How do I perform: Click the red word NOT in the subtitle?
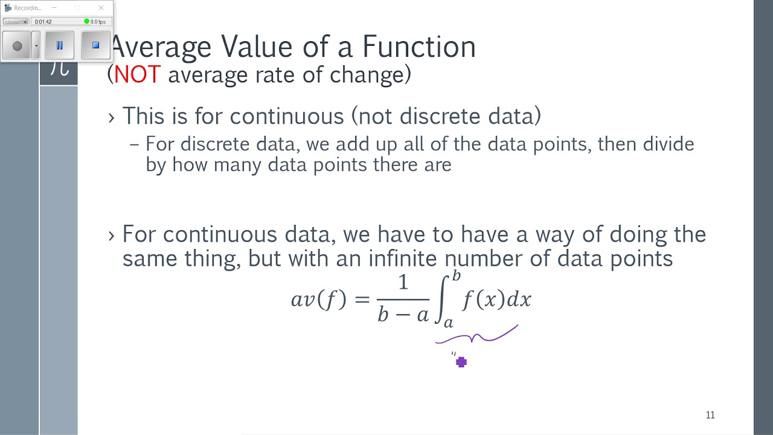point(137,75)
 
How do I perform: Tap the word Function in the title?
point(419,47)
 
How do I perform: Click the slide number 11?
point(710,415)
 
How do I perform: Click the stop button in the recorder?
point(95,45)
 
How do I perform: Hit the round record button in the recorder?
point(17,46)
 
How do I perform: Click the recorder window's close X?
point(101,8)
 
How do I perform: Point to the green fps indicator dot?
point(86,22)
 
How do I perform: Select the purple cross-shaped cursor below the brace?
point(461,362)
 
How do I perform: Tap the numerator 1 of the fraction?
point(403,283)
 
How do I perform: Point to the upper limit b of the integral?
point(457,276)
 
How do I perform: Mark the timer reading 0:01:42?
point(43,22)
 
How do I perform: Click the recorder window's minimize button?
point(54,8)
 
